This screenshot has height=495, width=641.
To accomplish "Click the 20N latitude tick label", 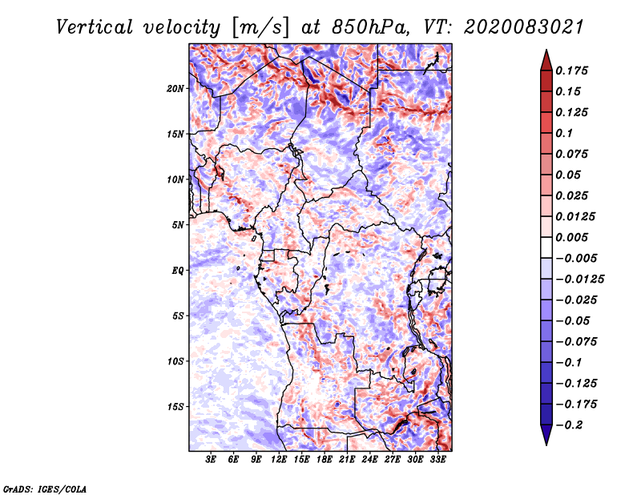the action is [x=175, y=88].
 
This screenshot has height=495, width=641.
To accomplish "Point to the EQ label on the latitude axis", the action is [x=178, y=271].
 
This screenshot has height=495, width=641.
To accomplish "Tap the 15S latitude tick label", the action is [x=175, y=407].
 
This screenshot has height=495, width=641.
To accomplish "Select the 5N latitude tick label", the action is [x=178, y=225].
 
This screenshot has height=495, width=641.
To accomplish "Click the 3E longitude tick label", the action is [x=211, y=460].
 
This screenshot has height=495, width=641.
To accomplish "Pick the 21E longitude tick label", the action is [x=347, y=460].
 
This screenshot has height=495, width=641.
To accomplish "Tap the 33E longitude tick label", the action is [x=437, y=460].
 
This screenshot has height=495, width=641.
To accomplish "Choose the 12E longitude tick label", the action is [x=279, y=460].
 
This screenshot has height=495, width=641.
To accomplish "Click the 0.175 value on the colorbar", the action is [x=571, y=70].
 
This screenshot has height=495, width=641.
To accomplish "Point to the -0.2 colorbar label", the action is [x=569, y=425].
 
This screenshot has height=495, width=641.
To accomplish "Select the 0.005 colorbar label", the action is [x=571, y=237].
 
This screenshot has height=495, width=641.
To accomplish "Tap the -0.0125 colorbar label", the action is [x=579, y=280].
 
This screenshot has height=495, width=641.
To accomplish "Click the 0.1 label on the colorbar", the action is [x=564, y=133].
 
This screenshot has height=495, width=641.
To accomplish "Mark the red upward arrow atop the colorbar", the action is [x=546, y=61].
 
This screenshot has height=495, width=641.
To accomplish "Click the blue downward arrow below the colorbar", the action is [x=546, y=434].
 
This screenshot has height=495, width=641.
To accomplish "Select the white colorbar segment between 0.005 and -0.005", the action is [x=546, y=247].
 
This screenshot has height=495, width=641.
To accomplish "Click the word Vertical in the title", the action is [x=95, y=27].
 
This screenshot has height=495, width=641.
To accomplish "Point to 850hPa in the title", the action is [x=370, y=27].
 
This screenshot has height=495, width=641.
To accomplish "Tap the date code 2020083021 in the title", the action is [x=524, y=27].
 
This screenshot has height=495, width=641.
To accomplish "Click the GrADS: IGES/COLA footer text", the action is [x=45, y=489].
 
